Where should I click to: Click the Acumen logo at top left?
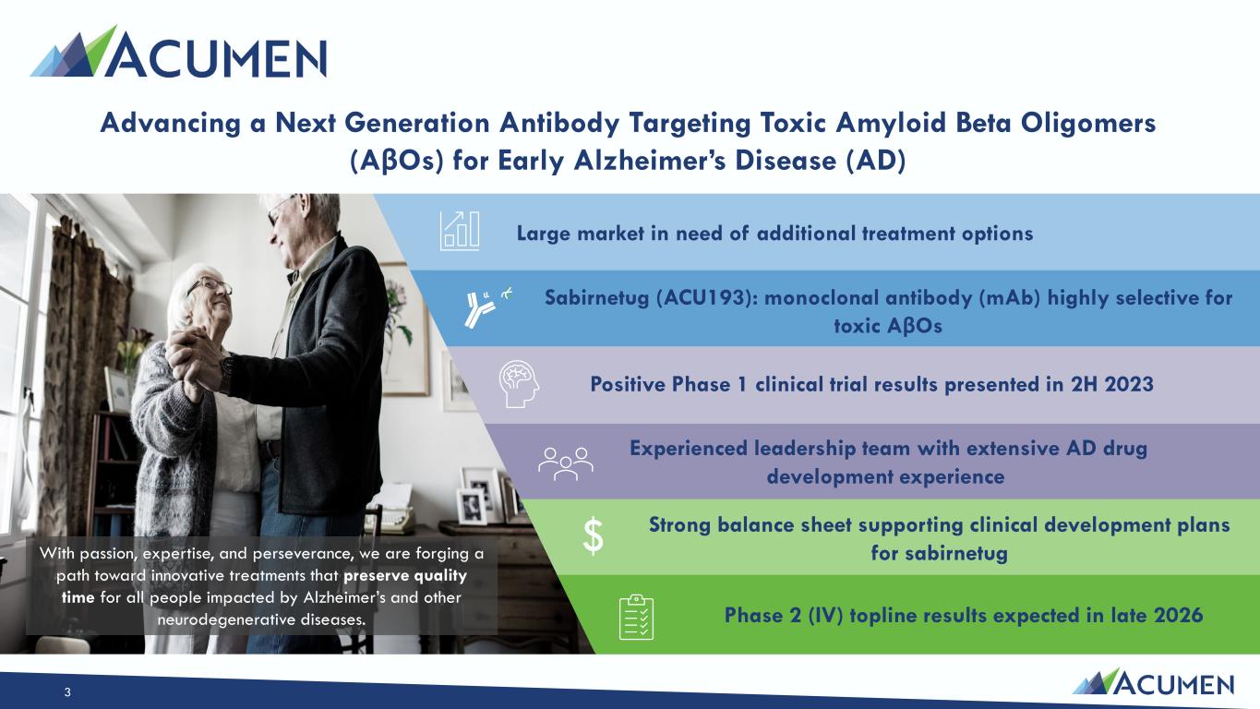(178, 51)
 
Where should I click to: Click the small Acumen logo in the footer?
(1153, 682)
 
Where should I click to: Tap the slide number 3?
(67, 692)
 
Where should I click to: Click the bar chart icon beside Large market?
(460, 231)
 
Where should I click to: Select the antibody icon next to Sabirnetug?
(487, 306)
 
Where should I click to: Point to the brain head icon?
(519, 384)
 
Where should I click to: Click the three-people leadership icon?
(565, 463)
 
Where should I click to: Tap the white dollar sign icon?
(593, 536)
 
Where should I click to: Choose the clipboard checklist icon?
(636, 617)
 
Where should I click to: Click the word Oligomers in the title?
(1088, 123)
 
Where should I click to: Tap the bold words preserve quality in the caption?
(405, 576)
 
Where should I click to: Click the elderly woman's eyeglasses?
(210, 285)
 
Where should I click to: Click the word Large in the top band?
(544, 234)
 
